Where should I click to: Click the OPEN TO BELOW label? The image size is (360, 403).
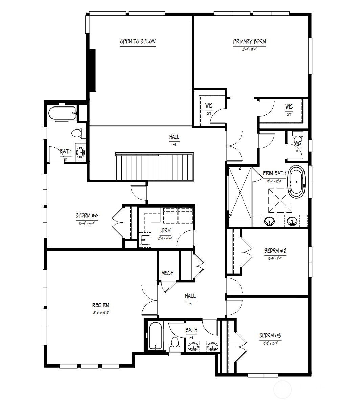coord(138,42)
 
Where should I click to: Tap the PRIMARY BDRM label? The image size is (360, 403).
coord(249,42)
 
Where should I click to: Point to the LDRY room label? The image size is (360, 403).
coord(165,230)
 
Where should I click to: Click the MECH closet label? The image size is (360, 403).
coord(167,273)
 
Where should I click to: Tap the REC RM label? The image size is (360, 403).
coord(100,306)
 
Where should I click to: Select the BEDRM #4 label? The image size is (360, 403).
coord(87,216)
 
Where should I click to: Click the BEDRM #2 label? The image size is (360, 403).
coord(275,251)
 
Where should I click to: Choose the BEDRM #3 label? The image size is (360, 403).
coord(270,336)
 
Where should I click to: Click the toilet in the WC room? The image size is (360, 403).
coord(298,139)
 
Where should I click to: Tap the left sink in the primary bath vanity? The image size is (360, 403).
coord(270,222)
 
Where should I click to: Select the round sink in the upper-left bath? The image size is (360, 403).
coord(81,153)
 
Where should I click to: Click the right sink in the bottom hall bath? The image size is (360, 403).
coord(213,347)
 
